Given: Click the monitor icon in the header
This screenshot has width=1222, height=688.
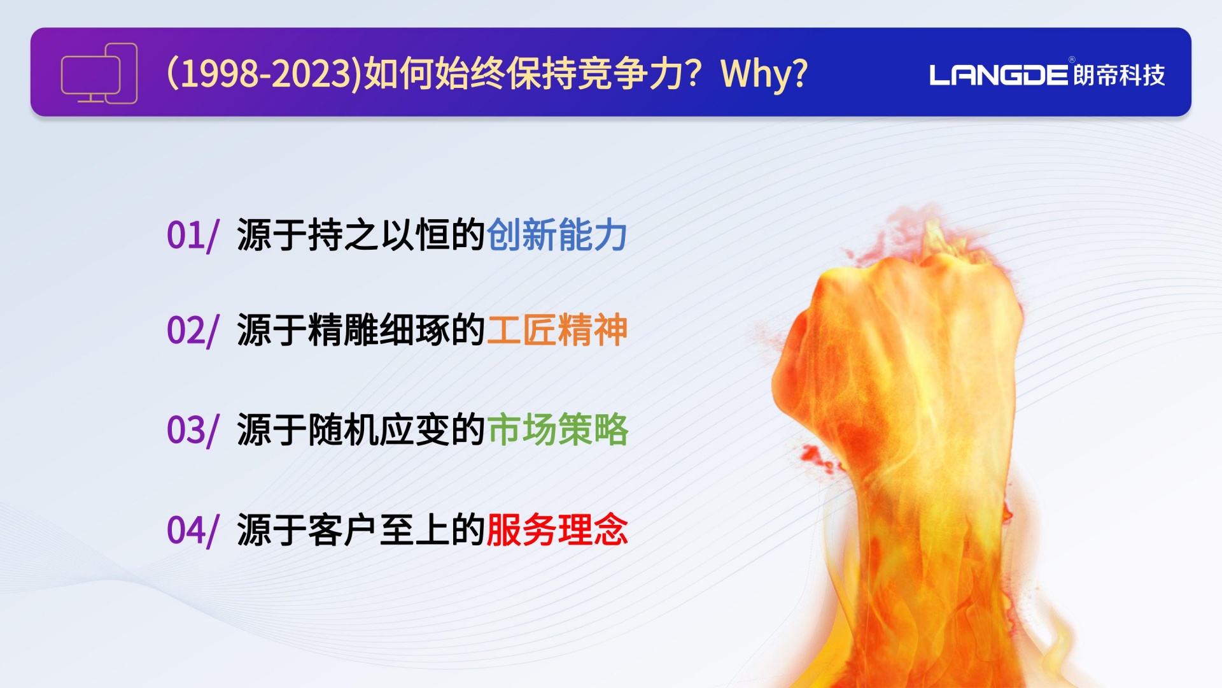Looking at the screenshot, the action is click(99, 73).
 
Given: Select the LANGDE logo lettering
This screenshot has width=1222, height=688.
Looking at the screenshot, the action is click(998, 75).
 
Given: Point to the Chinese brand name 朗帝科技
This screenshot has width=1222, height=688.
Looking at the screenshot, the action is click(1119, 75).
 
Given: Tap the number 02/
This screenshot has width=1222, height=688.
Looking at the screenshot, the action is click(193, 331).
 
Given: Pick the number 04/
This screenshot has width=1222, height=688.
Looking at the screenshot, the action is click(193, 531).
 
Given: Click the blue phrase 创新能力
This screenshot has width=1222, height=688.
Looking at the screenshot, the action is click(558, 235).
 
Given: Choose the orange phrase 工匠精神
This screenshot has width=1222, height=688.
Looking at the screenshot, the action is click(558, 330).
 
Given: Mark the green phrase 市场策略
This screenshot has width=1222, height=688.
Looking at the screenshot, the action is click(558, 429).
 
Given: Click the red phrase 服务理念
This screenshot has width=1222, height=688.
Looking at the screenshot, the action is click(558, 529).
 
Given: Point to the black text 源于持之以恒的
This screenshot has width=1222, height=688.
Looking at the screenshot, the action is click(362, 235).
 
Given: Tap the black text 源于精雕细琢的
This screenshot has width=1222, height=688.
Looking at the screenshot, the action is click(362, 330).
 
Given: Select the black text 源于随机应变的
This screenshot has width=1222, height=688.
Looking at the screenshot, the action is click(362, 429).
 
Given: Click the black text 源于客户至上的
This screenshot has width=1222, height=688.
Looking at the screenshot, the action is click(362, 529).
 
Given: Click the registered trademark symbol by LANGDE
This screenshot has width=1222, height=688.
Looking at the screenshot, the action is click(1072, 60).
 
